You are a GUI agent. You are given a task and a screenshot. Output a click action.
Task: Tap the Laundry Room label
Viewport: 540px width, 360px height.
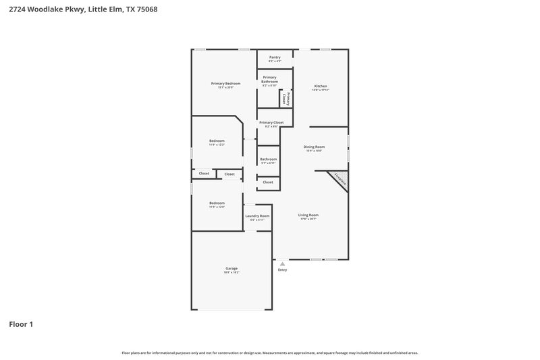point(257,217)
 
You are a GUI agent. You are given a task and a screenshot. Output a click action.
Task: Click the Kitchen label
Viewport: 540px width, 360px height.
point(321,87)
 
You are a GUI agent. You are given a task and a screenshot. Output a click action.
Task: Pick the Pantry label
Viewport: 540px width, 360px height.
point(275,58)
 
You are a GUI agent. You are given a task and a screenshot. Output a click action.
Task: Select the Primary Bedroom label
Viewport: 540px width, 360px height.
point(225,84)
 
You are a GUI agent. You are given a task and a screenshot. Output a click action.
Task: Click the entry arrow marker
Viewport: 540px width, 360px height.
point(282,263)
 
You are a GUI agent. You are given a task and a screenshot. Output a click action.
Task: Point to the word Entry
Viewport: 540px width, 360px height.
point(282,270)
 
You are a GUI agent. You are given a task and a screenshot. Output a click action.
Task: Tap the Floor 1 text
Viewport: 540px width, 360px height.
point(21,324)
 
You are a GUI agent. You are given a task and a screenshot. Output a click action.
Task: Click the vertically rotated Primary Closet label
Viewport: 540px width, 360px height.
point(286,98)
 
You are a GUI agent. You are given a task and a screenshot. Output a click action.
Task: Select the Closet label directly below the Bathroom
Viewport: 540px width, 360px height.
point(268,182)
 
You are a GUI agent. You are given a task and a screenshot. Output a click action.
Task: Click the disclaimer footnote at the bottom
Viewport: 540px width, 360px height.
point(269,353)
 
